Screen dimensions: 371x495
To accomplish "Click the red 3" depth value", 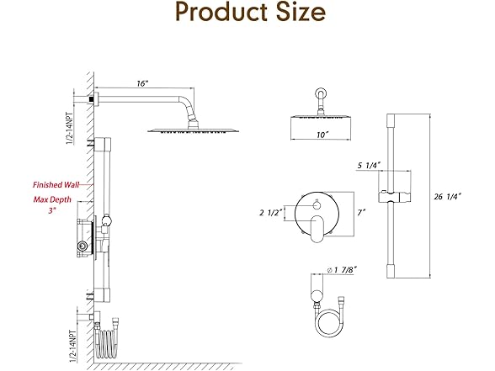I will click(52, 211).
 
